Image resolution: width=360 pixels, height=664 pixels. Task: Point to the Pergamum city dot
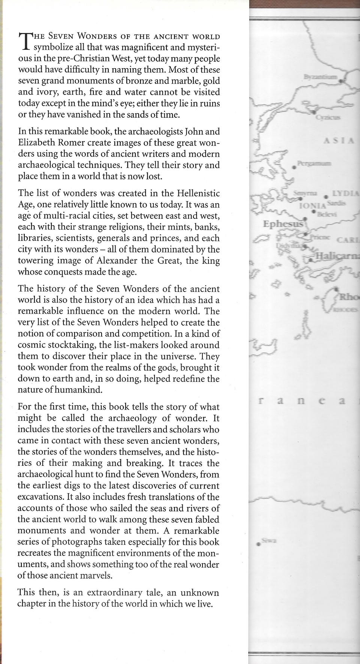pos(294,167)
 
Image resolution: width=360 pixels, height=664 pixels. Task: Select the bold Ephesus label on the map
pos(282,224)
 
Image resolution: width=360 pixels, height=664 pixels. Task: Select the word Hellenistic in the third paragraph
pos(192,193)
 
